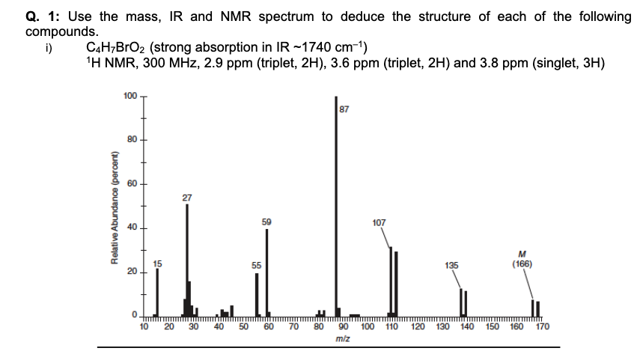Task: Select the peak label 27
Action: point(186,198)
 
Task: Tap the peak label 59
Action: point(267,222)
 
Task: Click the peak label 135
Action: point(451,266)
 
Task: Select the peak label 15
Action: point(157,262)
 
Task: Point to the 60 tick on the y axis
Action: point(131,183)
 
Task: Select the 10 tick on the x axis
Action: point(144,326)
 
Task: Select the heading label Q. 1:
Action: point(43,16)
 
